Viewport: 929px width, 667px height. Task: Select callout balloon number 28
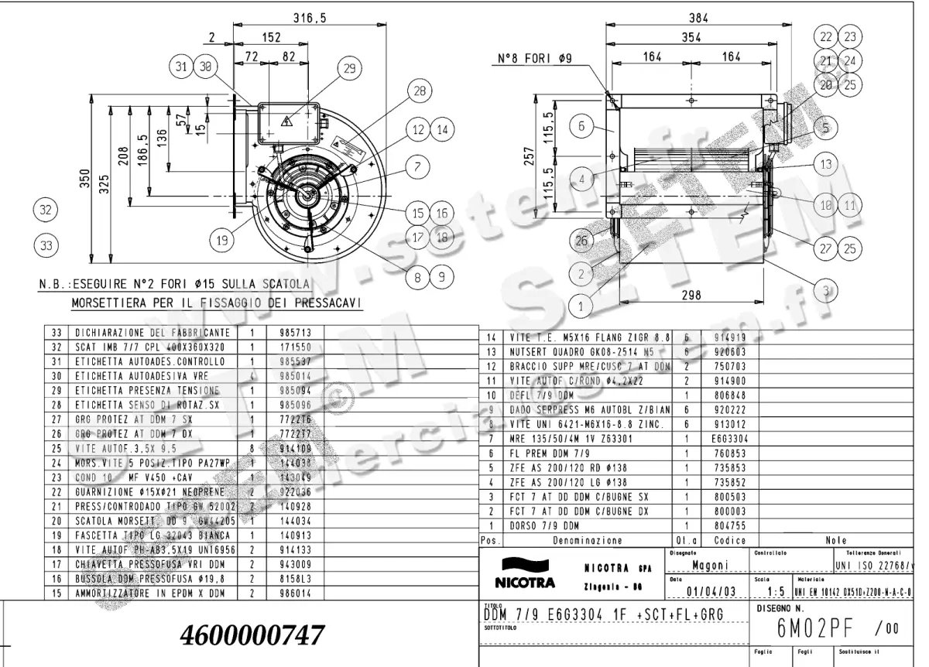420,92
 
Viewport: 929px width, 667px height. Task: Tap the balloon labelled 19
222,240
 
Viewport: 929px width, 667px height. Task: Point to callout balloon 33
46,245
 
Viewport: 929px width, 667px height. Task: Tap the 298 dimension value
691,295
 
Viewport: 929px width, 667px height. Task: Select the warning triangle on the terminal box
286,121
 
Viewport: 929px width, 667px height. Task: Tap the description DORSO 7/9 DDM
546,526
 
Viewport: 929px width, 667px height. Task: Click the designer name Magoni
709,566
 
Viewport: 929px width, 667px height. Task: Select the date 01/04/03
710,593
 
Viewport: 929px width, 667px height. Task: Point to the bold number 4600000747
252,635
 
